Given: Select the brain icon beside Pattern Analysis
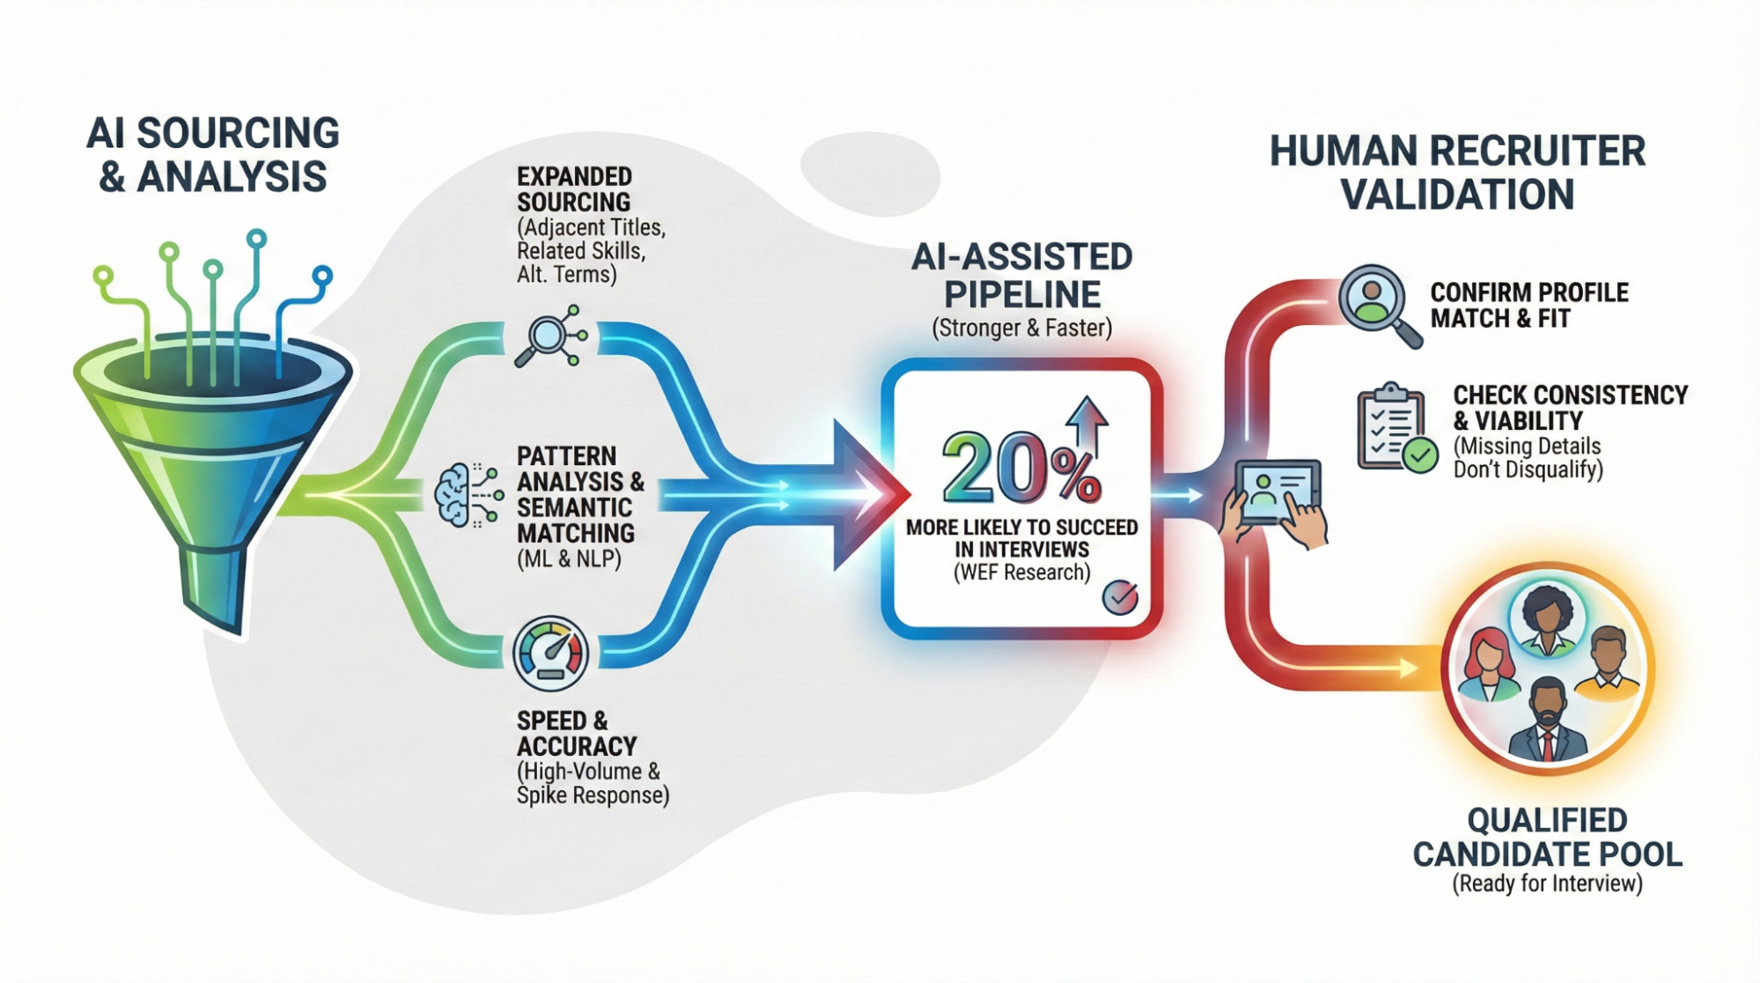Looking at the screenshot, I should [454, 496].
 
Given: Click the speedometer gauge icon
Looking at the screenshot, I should [551, 654].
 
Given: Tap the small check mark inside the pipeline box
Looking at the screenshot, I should [1120, 597].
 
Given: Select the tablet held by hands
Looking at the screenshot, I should [1278, 493].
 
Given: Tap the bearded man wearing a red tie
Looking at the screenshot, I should [1547, 718].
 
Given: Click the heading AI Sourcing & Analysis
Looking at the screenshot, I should [212, 155].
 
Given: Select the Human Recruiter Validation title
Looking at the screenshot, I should [1457, 173].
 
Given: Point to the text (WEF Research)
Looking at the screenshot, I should [1021, 573].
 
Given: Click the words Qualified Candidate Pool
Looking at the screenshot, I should [1547, 837].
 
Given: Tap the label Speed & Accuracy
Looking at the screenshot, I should [576, 733].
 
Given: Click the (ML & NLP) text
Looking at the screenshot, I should [569, 558].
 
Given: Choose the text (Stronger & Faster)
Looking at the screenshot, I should [1021, 329].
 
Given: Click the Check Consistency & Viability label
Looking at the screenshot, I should [1570, 407].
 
